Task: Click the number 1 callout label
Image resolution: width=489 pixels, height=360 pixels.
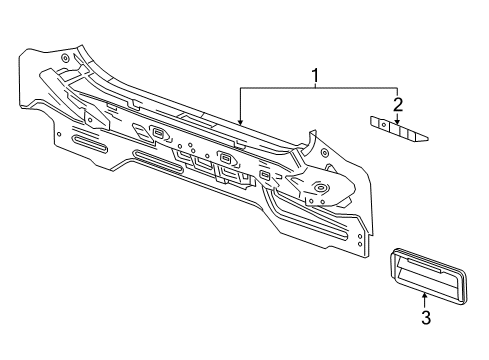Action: click(316, 74)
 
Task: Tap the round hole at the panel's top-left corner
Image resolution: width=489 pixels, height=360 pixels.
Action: click(65, 58)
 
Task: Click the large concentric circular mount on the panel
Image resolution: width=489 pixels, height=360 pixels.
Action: click(321, 187)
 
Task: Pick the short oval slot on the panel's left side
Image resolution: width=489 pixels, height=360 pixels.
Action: click(93, 148)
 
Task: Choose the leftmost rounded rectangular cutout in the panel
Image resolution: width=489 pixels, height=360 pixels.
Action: click(158, 134)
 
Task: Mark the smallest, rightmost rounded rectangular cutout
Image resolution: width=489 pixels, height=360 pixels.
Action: click(265, 176)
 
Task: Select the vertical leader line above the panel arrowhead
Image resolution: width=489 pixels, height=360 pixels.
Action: click(240, 105)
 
